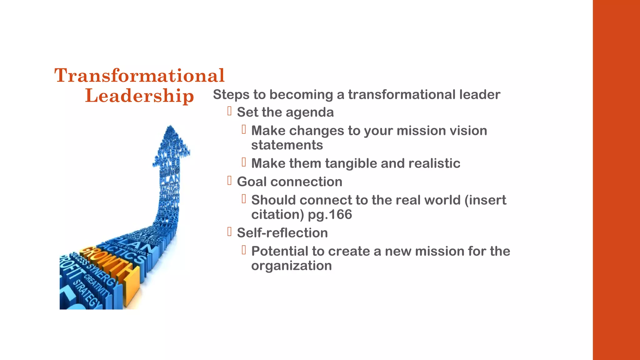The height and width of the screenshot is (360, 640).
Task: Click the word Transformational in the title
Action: point(139,75)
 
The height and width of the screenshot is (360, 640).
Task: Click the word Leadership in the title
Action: point(139,95)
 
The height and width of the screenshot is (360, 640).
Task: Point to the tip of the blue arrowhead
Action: point(170,126)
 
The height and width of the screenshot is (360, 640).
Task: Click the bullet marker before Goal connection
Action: point(229,181)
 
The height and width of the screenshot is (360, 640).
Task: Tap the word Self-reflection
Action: point(282,233)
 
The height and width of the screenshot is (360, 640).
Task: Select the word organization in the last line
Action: point(291,266)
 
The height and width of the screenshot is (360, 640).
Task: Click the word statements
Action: point(287,145)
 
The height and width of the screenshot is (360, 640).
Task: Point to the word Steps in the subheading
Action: point(231,94)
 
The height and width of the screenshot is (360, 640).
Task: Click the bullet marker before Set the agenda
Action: point(229,111)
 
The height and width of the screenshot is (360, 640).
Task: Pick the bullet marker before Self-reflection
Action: point(229,232)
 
